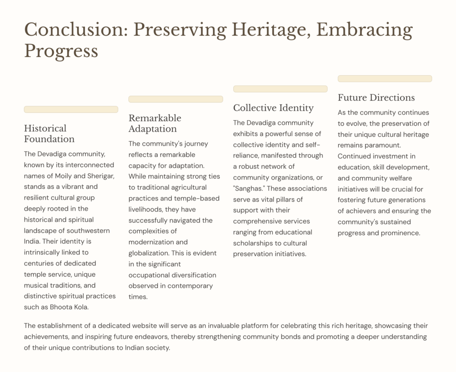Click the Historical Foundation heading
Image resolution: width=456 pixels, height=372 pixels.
(49, 134)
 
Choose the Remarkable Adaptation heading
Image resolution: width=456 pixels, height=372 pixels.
(155, 123)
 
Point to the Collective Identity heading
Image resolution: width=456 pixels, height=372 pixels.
(273, 108)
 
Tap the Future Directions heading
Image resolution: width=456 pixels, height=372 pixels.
(376, 98)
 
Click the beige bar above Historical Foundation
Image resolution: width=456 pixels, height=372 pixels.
(71, 109)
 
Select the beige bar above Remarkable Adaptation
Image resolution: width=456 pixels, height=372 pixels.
(175, 99)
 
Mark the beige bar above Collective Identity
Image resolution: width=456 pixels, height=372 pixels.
(281, 89)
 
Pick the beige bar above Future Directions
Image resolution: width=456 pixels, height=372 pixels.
(385, 78)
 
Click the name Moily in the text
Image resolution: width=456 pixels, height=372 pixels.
(63, 176)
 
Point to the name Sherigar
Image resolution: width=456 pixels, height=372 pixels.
(100, 176)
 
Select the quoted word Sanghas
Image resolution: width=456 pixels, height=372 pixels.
(249, 188)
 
